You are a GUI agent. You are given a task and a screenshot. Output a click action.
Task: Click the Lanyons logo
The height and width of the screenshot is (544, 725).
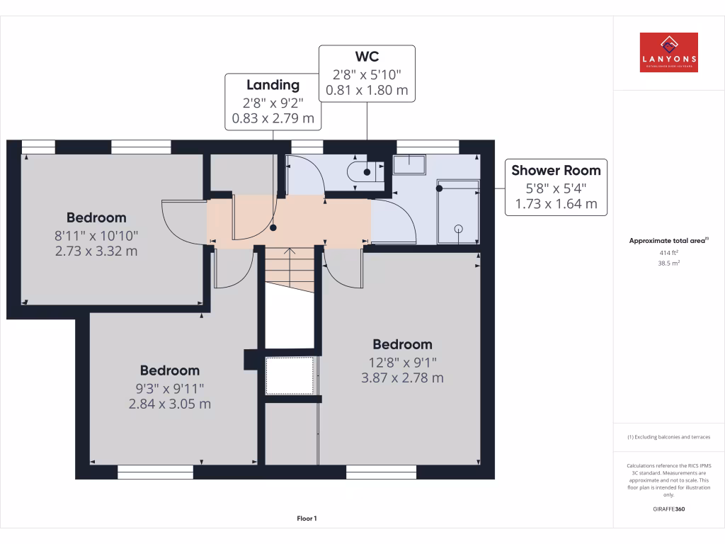pos(668,52)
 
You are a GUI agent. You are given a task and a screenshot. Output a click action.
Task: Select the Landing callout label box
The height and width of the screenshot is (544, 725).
pos(273,101)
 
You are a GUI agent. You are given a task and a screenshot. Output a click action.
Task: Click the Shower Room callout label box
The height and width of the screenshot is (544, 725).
pos(556,188)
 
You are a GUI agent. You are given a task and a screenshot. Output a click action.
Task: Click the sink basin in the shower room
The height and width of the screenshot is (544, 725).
pos(409,164)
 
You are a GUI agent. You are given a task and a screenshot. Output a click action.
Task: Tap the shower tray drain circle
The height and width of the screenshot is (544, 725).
pos(458,228)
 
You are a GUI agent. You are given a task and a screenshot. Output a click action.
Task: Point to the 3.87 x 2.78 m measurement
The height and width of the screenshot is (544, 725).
pos(402,378)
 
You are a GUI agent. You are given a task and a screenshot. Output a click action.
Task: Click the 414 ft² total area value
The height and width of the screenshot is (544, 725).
pos(668,252)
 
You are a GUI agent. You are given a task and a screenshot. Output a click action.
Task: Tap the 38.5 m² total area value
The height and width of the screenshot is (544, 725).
pos(668,263)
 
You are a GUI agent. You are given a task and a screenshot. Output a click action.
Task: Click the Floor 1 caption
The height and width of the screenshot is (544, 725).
pos(307,518)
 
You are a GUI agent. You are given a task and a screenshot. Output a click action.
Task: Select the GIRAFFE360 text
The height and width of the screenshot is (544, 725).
pos(668,509)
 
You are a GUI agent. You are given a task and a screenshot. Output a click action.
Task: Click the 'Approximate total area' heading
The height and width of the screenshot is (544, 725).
pos(668,241)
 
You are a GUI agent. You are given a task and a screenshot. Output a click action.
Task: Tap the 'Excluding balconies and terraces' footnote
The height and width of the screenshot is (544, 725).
pos(668,437)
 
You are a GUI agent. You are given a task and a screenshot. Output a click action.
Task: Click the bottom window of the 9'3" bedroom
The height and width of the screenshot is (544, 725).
pos(155,472)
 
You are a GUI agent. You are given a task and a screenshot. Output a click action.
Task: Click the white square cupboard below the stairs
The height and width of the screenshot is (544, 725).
pos(289,375)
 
